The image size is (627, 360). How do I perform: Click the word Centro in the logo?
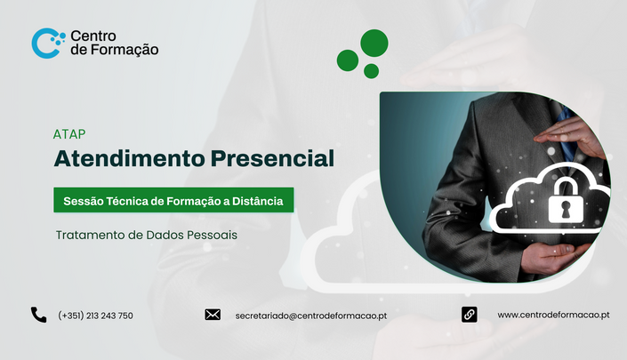[x=93, y=36]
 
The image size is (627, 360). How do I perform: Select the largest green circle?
[x=374, y=43]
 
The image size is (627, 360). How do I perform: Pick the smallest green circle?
[x=371, y=71]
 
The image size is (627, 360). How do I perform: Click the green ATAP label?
[x=69, y=134]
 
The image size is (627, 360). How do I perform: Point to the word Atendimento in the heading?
[x=130, y=158]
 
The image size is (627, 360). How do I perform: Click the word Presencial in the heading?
[x=272, y=158]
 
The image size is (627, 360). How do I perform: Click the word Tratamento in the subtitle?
[x=91, y=235]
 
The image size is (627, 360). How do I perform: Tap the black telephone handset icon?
[x=39, y=315]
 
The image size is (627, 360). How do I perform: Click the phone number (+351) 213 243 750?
[x=95, y=316]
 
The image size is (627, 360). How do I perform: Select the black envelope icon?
[x=213, y=315]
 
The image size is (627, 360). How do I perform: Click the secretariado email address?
[x=310, y=316]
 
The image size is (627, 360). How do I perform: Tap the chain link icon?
[x=469, y=315]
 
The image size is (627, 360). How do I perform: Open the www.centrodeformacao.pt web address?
[x=553, y=315]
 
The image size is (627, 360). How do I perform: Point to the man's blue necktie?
[x=567, y=132]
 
